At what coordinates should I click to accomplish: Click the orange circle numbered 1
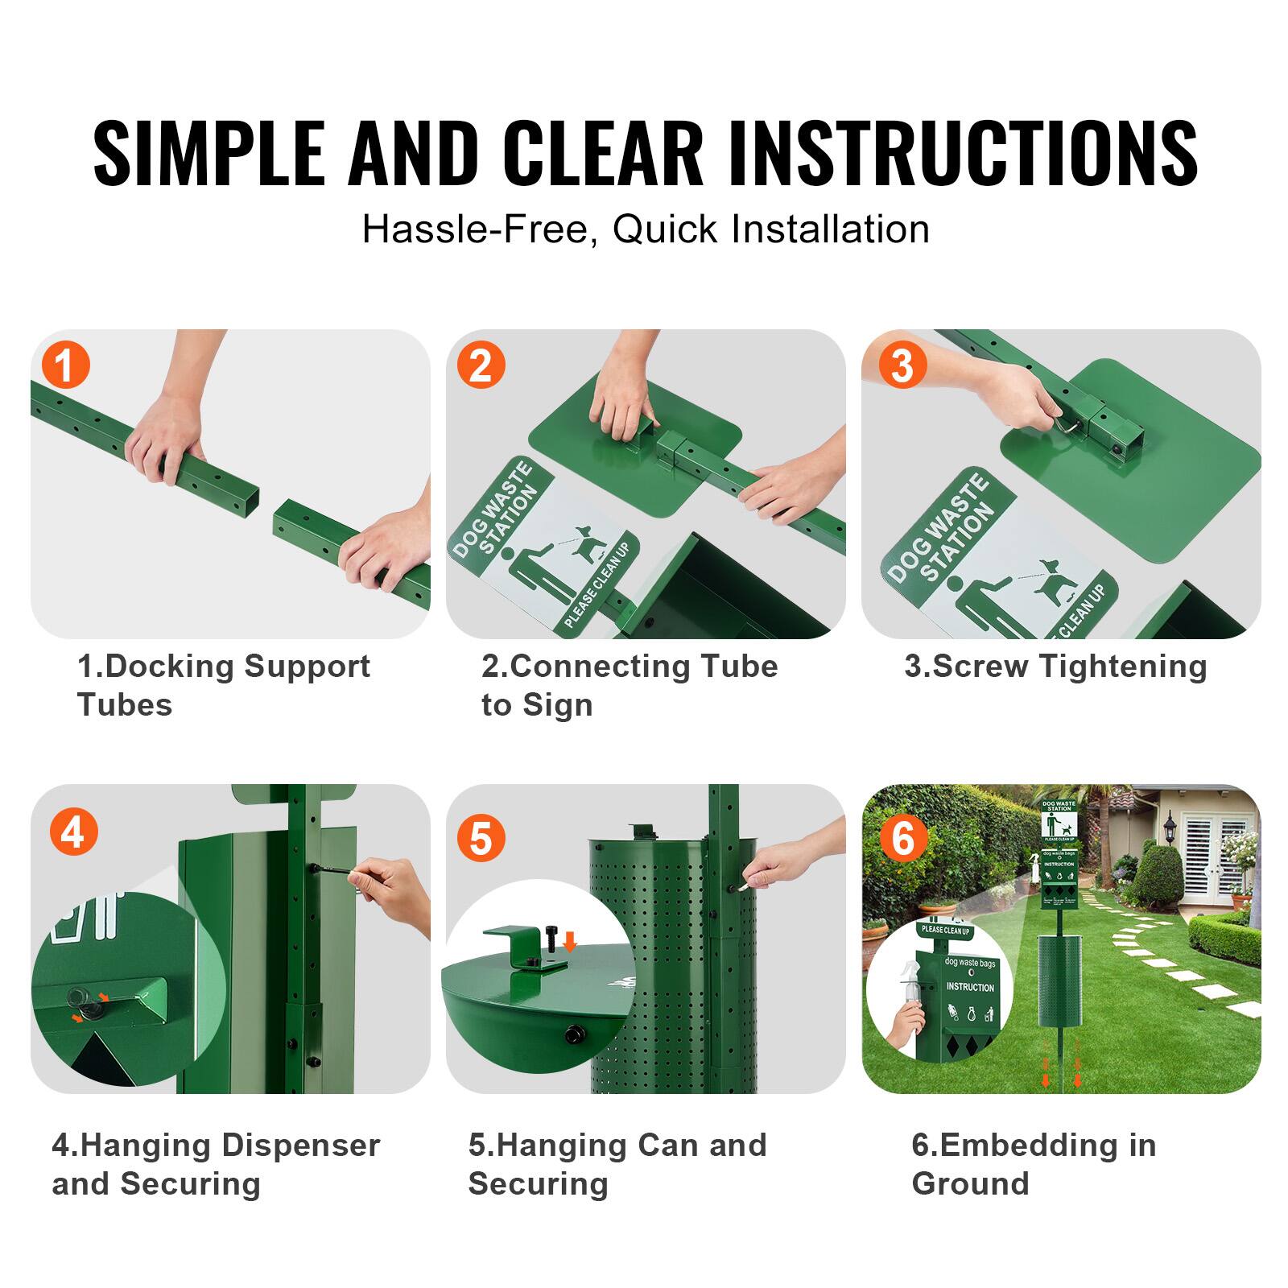[65, 365]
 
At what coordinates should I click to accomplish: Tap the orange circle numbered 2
[481, 365]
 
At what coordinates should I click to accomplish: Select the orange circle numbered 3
[902, 365]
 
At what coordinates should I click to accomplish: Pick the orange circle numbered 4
[72, 832]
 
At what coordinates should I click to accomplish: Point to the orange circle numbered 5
[481, 838]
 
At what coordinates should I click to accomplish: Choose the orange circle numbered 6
[902, 838]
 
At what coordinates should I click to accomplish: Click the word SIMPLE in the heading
[208, 153]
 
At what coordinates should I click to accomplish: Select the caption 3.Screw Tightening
[1055, 667]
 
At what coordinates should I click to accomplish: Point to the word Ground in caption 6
[970, 1184]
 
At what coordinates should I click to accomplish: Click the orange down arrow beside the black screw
[570, 941]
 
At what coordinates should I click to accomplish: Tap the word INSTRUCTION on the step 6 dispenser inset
[970, 987]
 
